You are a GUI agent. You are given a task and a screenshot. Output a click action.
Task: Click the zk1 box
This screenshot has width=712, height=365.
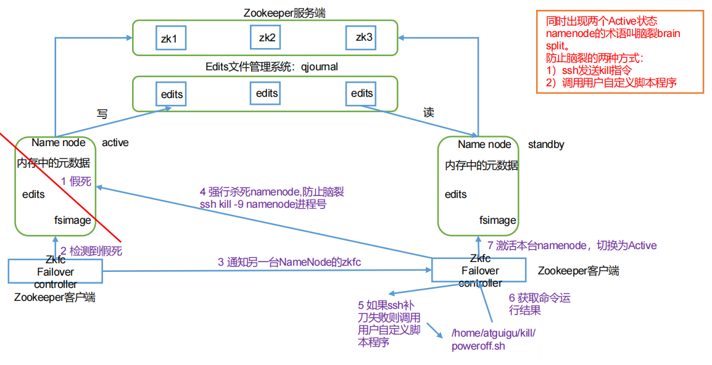click(169, 39)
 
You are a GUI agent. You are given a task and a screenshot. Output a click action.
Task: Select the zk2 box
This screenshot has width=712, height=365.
click(267, 38)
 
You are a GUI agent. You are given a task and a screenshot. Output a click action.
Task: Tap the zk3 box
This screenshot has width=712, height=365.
click(364, 38)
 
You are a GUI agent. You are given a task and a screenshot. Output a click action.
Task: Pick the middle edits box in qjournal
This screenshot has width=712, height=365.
click(267, 93)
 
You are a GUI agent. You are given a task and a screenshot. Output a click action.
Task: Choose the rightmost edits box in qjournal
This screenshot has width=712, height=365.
click(362, 93)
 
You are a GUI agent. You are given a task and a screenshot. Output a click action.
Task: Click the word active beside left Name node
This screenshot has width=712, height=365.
click(115, 142)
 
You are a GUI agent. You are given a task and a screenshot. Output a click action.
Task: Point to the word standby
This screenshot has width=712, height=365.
click(546, 144)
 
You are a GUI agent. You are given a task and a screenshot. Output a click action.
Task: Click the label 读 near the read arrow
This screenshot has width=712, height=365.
click(428, 112)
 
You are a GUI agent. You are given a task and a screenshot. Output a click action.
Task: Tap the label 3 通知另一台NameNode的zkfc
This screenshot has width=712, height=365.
click(289, 262)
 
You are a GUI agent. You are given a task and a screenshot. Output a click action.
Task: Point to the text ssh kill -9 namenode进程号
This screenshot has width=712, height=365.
click(263, 204)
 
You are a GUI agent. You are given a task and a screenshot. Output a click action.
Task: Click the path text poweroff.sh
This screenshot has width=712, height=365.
click(479, 345)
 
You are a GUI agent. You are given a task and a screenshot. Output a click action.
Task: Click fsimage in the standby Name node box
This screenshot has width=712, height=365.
click(498, 220)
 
